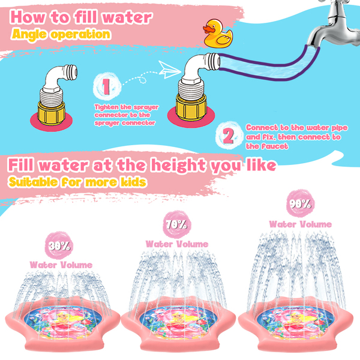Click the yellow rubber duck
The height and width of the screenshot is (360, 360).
(x=217, y=34)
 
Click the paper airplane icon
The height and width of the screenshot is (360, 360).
(x=169, y=70)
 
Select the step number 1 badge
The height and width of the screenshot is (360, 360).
(x=107, y=86)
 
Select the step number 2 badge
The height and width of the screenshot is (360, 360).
(x=229, y=136)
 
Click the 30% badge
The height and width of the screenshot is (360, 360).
(x=59, y=245)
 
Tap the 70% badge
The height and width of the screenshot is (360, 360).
(x=176, y=224)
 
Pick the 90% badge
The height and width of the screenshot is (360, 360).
(x=301, y=203)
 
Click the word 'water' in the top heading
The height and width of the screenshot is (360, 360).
(x=127, y=17)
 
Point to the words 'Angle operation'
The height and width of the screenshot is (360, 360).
(x=61, y=35)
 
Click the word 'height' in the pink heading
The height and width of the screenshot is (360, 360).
(x=178, y=166)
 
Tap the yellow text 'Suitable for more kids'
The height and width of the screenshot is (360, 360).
(x=77, y=182)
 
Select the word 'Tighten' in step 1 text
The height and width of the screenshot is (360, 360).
(x=107, y=107)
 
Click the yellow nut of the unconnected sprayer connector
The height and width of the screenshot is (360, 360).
(x=51, y=113)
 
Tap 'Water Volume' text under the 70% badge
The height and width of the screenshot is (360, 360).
(x=177, y=244)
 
